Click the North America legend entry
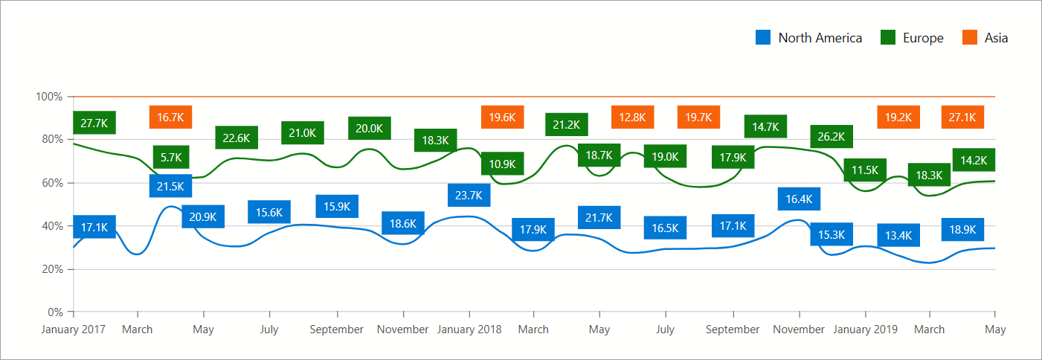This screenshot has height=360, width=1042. pos(808,38)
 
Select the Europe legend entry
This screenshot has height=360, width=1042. pos(912,38)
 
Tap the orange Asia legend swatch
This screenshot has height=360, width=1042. pos(970,38)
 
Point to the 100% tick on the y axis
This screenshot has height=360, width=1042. pos(49,97)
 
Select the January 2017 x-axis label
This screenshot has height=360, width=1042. pos(74,330)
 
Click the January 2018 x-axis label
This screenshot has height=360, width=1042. pos(469,330)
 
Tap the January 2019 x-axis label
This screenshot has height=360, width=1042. pos(864,330)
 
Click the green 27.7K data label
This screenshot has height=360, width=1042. pos(94,123)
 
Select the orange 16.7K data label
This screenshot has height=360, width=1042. pos(171,118)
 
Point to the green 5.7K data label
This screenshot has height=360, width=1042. pos(171,158)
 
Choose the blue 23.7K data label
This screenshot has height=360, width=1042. pos(469,196)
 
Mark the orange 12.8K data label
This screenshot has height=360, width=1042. pos(632,118)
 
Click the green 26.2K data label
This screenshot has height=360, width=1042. pos(831,137)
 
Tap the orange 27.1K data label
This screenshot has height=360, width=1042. pos(963,118)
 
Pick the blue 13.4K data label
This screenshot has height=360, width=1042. pos(898,236)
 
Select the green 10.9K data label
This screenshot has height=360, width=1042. pos(502,164)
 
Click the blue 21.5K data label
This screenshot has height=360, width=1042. pos(170,186)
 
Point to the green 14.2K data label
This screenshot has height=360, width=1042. pos(974,160)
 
